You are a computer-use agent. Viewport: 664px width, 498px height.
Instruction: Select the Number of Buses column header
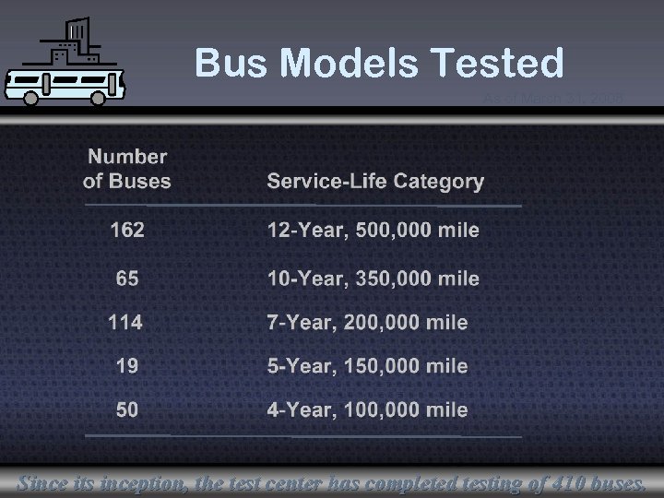127,169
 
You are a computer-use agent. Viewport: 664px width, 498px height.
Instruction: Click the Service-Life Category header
375,181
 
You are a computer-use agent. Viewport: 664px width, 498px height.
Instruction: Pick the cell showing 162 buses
127,230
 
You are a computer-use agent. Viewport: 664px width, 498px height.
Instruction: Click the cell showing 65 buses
127,278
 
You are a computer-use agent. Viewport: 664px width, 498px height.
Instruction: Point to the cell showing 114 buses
125,322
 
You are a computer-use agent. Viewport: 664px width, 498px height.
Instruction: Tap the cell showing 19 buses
127,366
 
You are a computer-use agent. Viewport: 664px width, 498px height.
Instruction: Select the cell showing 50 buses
127,409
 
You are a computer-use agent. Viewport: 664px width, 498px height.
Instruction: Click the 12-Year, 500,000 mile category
373,231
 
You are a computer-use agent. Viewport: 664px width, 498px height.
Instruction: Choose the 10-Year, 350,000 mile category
373,279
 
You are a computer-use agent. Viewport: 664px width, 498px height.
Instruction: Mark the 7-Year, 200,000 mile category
367,323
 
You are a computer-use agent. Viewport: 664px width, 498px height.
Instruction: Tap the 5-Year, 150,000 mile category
367,366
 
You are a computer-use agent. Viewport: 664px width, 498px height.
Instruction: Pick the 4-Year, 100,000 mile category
367,409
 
